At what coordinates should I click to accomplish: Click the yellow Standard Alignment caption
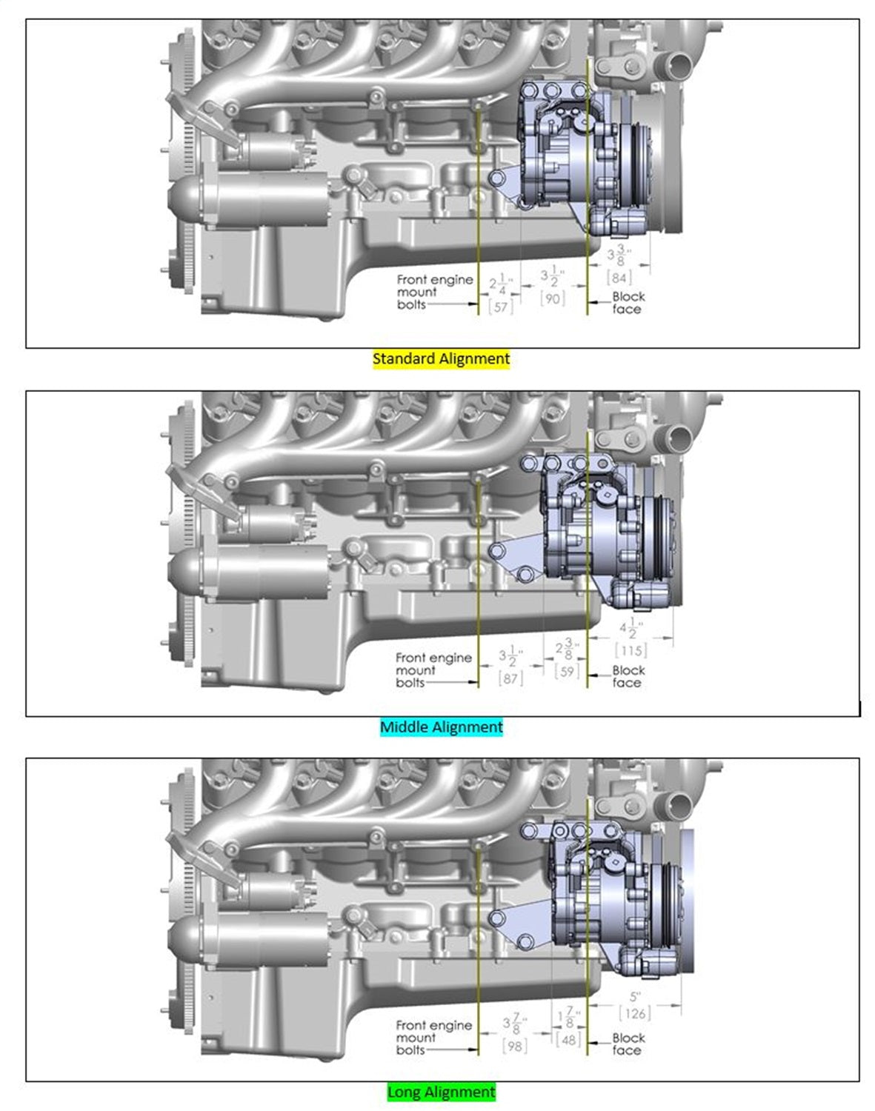pyautogui.click(x=441, y=359)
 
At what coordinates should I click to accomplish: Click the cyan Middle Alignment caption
pyautogui.click(x=441, y=727)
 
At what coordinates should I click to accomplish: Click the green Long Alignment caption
pyautogui.click(x=441, y=1092)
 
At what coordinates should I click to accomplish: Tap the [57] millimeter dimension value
pyautogui.click(x=501, y=306)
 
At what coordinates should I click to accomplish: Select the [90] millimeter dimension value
pyautogui.click(x=553, y=298)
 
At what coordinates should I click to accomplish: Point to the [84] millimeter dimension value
pyautogui.click(x=619, y=278)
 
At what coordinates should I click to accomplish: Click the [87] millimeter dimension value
pyautogui.click(x=510, y=678)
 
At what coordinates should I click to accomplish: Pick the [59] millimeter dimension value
pyautogui.click(x=567, y=671)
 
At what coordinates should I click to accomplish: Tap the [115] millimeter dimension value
pyautogui.click(x=631, y=650)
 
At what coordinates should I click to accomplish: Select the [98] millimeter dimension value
pyautogui.click(x=514, y=1045)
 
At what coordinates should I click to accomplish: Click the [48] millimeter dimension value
pyautogui.click(x=568, y=1039)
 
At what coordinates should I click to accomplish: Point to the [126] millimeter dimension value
pyautogui.click(x=634, y=1013)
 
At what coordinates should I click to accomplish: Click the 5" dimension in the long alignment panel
pyautogui.click(x=634, y=997)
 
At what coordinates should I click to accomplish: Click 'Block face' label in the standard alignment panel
pyautogui.click(x=628, y=302)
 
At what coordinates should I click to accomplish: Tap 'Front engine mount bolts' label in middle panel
pyautogui.click(x=433, y=670)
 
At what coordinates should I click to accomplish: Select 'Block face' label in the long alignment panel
pyautogui.click(x=628, y=1044)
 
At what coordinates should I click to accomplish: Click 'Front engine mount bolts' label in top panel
pyautogui.click(x=433, y=292)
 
